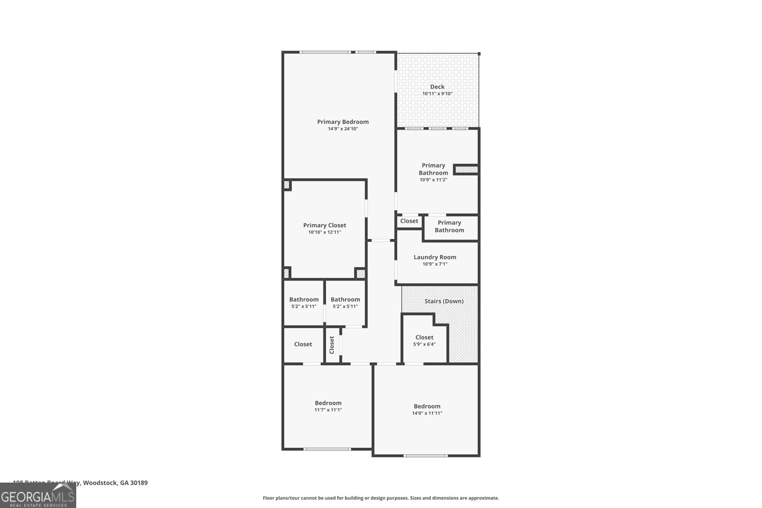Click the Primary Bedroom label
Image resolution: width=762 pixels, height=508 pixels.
(343, 122)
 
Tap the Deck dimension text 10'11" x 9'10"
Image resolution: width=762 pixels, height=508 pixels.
(437, 94)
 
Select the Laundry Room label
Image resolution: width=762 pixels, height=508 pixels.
(435, 257)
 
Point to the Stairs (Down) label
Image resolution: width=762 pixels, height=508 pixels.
(444, 301)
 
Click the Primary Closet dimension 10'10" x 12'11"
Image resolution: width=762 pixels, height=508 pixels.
(325, 232)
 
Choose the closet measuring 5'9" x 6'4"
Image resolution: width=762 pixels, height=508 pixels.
(424, 340)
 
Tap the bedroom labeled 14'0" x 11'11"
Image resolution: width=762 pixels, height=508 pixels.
(427, 409)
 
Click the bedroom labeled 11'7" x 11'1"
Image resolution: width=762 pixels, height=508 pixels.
(328, 406)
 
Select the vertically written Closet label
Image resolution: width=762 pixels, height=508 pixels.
(332, 345)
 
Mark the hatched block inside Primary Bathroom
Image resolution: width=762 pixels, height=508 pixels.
(466, 169)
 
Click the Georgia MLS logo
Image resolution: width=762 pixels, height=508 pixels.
(38, 496)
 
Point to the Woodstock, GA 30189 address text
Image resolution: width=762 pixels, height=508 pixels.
(114, 483)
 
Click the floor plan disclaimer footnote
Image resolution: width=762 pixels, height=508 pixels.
(381, 498)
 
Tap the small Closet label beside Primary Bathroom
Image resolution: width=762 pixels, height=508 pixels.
(409, 221)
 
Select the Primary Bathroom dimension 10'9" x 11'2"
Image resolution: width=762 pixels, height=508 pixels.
(433, 180)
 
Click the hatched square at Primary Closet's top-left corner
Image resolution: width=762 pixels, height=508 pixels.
(287, 185)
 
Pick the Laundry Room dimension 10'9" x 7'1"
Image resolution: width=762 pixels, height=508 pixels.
(435, 264)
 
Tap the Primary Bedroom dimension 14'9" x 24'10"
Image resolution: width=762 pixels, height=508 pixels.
(343, 129)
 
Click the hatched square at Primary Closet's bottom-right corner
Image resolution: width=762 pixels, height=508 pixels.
(361, 274)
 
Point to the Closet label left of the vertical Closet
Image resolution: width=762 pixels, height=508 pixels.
(303, 344)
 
